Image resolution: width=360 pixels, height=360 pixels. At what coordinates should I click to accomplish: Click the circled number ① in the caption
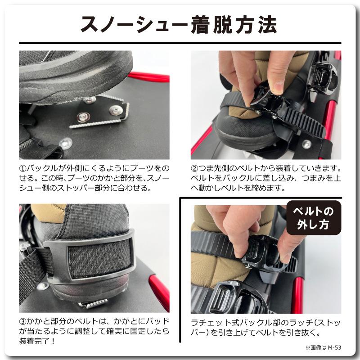click(23, 168)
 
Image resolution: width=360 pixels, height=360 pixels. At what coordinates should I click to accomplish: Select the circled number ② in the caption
click(195, 168)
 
